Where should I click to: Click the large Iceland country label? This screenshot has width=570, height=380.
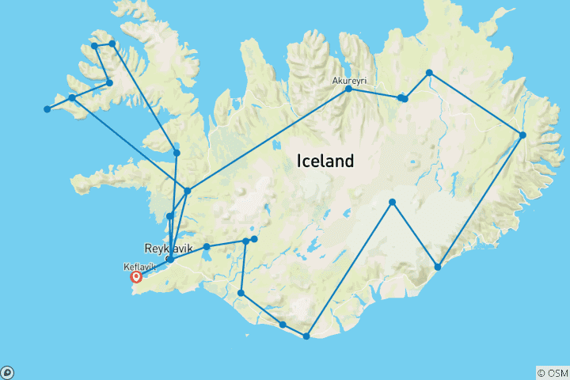point(325,161)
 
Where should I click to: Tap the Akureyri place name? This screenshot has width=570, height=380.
point(348,80)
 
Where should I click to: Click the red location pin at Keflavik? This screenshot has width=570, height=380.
point(136,277)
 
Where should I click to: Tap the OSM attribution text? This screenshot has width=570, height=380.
point(552,372)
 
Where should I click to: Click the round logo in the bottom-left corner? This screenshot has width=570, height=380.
point(7,372)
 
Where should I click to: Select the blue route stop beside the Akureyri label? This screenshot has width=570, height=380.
point(348,89)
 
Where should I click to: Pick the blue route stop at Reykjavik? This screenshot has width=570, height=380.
point(170,259)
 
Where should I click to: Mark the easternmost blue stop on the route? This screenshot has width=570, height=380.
point(523,135)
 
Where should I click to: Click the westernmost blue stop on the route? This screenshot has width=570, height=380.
point(47,109)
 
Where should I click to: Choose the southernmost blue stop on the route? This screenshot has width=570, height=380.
point(306,336)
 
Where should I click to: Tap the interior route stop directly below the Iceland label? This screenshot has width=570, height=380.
point(392,203)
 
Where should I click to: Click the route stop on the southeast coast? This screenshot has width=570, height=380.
point(438,268)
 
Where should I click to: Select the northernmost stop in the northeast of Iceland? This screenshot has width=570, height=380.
point(429,73)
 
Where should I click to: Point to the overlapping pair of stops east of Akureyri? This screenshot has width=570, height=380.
point(403,98)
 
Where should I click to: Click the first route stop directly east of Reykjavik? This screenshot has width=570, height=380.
point(207,247)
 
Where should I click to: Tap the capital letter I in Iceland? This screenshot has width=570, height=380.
point(299,161)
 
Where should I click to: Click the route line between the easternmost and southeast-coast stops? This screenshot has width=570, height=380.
point(481,201)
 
